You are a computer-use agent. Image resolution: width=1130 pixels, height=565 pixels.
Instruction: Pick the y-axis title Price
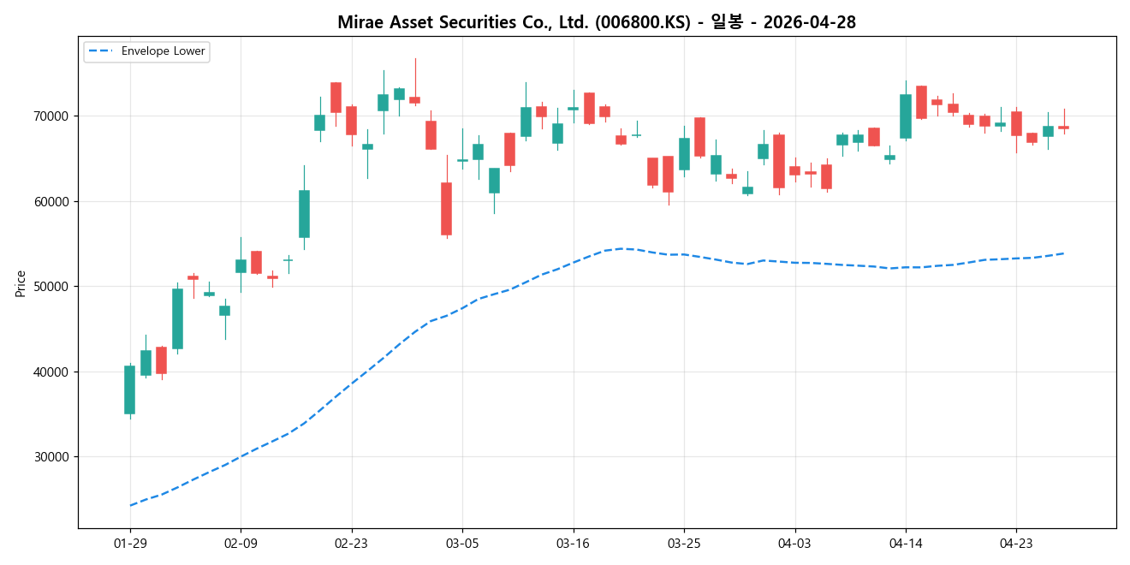point(21,282)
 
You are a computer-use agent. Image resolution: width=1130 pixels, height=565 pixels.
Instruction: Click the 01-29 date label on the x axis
point(130,543)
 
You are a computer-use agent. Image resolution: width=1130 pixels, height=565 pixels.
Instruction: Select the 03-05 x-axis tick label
point(462,543)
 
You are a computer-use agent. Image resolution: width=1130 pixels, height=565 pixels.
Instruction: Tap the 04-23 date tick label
point(1016,543)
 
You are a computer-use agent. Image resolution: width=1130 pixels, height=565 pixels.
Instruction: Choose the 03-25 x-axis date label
point(684,543)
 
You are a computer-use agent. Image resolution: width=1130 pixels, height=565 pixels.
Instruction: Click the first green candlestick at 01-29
point(129,390)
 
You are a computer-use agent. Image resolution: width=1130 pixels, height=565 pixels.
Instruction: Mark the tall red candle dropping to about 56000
point(446,208)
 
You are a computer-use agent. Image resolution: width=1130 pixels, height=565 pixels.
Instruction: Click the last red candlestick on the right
point(1063,128)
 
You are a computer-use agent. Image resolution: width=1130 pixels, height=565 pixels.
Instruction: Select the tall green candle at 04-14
point(906,116)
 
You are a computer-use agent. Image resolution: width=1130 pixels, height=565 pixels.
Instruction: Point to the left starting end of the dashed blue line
point(130,505)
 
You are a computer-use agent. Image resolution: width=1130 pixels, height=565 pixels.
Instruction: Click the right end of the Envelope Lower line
point(1063,253)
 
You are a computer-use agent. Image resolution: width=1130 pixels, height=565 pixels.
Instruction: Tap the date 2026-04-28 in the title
point(809,22)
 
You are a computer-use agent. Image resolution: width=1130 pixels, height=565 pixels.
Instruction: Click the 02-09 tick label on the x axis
point(241,543)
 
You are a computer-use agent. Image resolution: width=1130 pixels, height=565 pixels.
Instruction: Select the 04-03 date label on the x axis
point(794,543)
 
